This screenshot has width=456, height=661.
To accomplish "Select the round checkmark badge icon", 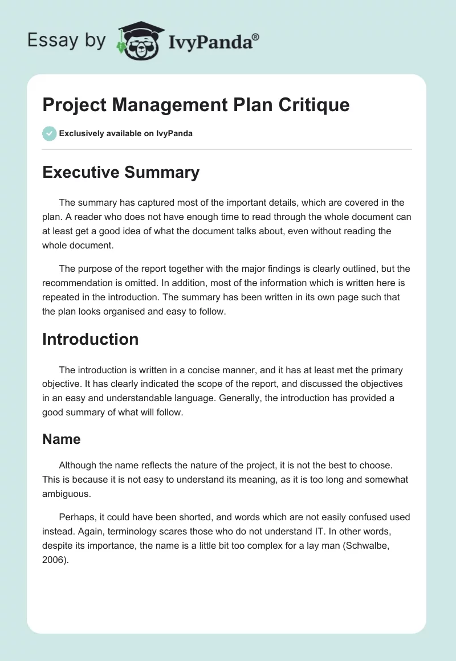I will click(49, 133).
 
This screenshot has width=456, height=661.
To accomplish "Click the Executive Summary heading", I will click(121, 173).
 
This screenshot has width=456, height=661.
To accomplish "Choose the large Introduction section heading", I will click(91, 339).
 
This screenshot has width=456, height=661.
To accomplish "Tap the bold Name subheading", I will click(62, 439).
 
